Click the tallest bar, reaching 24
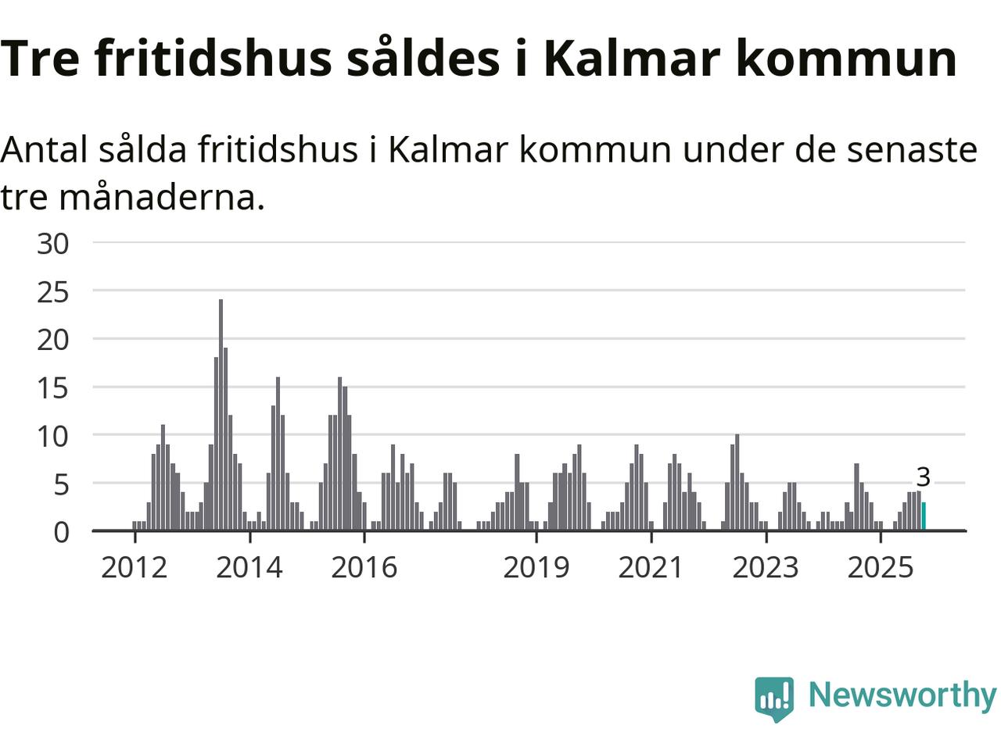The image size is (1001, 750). point(221,414)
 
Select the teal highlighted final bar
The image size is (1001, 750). point(924,516)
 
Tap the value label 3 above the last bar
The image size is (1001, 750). point(923,477)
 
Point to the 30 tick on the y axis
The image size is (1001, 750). point(53,244)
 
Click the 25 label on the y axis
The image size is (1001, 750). point(53,292)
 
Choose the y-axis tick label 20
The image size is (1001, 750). point(53,340)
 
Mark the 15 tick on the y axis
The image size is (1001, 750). point(53,388)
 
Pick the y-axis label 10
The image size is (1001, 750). point(53,436)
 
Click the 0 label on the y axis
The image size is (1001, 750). point(61,532)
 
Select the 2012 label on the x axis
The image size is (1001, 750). point(135,567)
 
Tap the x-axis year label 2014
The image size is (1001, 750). point(249,567)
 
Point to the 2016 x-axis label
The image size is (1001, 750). point(364,567)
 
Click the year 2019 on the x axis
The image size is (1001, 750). point(536,567)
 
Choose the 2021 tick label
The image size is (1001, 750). point(651,567)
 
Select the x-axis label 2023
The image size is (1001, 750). point(766,567)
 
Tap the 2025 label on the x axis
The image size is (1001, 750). point(881,567)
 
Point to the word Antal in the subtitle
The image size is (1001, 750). point(44,148)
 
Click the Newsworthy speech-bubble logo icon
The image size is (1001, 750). point(774,698)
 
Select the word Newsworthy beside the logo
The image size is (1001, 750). point(902,695)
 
